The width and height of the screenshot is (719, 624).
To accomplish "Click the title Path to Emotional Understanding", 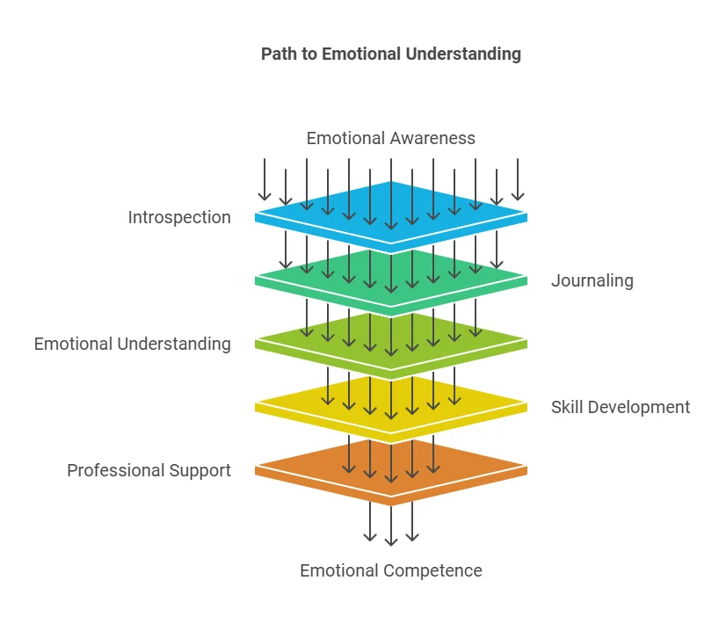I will pos(390,54).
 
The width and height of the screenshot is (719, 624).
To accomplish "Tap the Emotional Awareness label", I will pos(390,138).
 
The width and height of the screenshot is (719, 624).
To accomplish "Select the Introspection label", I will pos(179,217).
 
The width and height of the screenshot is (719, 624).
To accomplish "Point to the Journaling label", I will pos(592,280).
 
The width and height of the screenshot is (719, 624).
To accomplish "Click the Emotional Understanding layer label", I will pos(133,344).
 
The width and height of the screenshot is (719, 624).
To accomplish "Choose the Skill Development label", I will pos(621,407).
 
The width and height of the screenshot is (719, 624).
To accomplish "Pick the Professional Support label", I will pos(149,470).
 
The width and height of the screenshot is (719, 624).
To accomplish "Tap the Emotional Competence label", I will pos(390,570).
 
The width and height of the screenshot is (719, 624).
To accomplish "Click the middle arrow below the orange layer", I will pos(391,524).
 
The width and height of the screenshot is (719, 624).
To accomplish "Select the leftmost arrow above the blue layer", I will pos(265,179).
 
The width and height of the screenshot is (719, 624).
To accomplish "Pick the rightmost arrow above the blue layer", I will pos(518,179).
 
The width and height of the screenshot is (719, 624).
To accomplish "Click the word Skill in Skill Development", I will pos(566,407).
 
